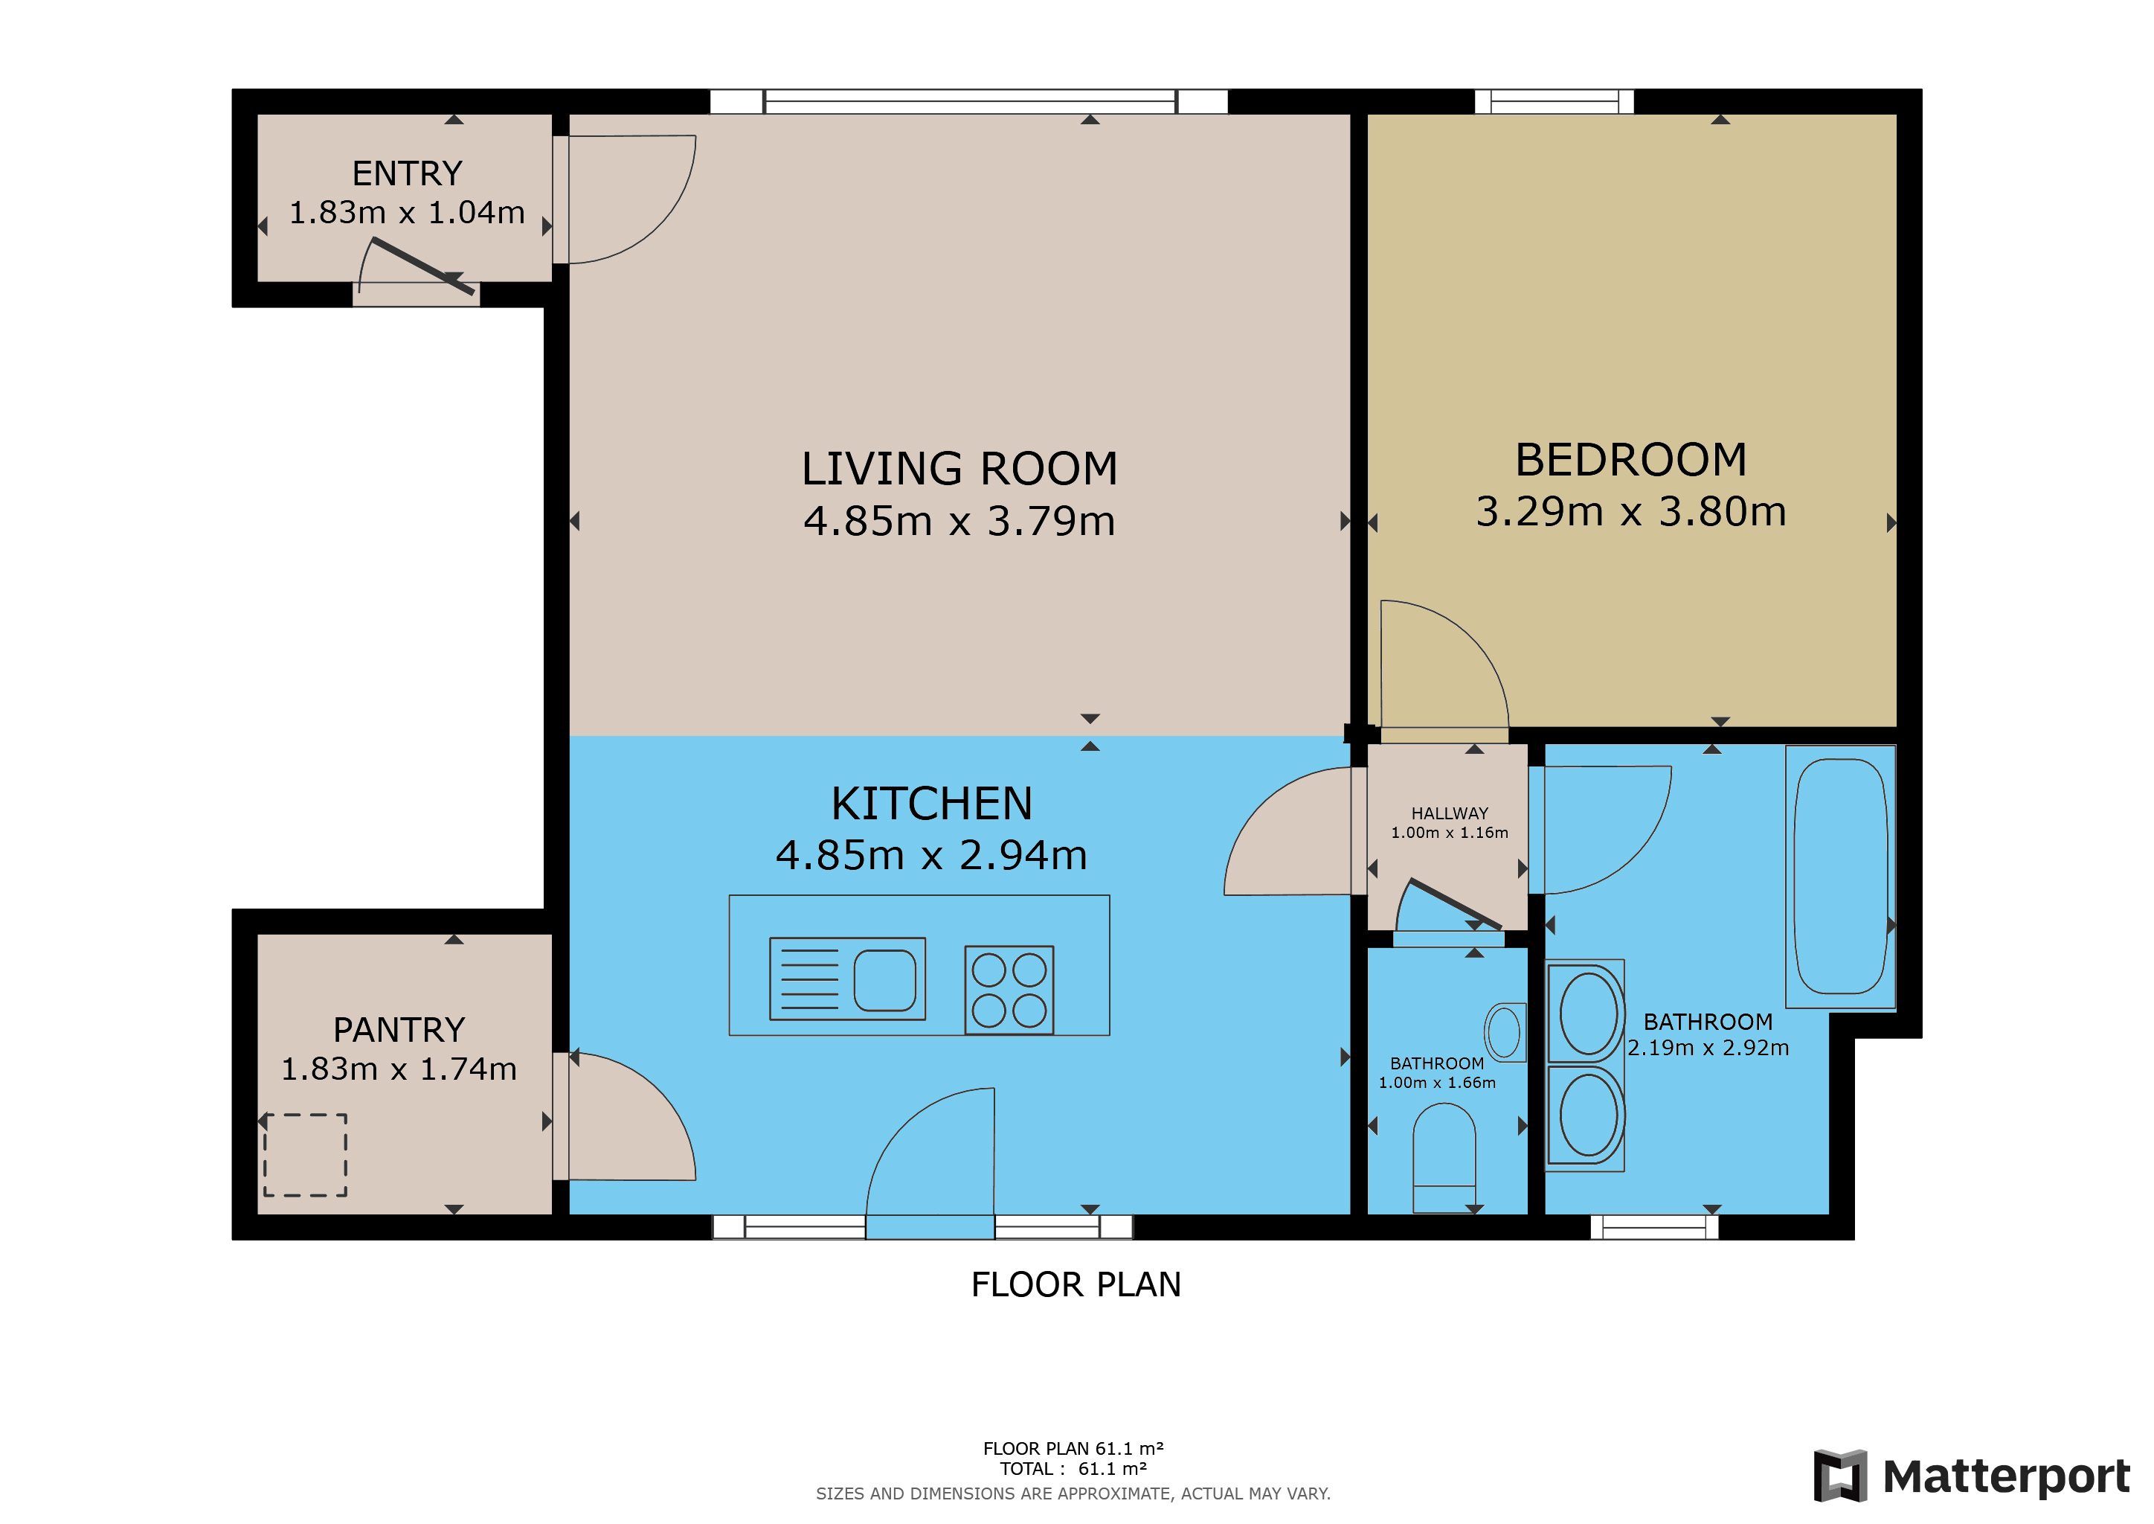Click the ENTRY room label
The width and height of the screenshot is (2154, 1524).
coord(407,173)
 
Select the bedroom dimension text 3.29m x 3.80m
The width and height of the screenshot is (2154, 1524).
coord(1630,511)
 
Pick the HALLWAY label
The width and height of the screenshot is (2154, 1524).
coord(1450,813)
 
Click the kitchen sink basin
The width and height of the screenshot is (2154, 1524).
coord(884,980)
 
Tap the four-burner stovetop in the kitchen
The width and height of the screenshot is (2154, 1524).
coord(1009,989)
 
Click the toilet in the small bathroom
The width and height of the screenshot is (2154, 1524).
coord(1444,1157)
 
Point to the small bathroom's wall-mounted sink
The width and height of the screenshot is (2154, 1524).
coord(1505,1031)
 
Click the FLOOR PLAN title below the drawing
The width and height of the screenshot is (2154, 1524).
coord(1076,1284)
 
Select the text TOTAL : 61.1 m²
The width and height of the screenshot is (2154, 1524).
coord(1073,1469)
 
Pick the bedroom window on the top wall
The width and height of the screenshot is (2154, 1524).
coord(1554,101)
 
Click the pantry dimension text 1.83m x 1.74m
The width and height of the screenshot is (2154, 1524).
coord(399,1069)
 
